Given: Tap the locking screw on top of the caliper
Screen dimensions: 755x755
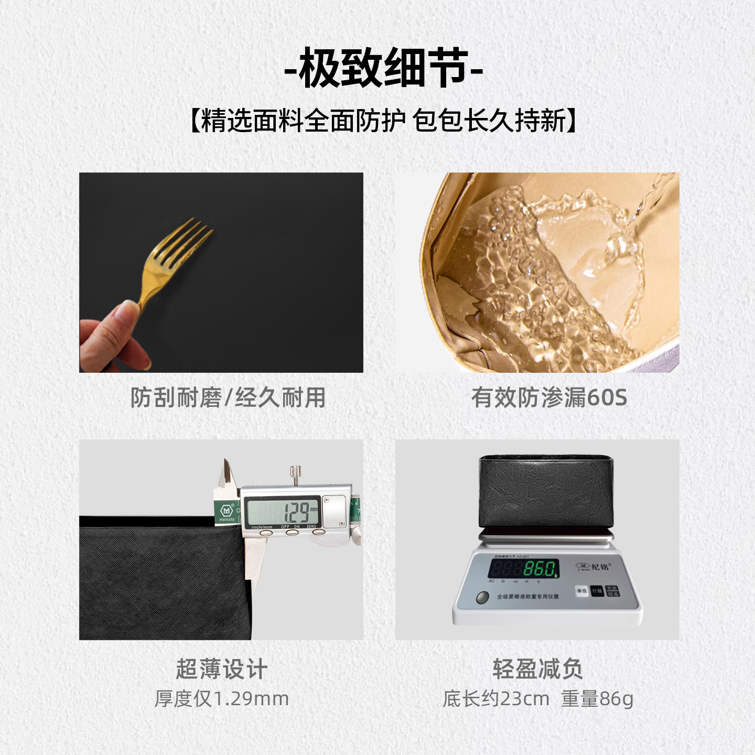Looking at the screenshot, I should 296,475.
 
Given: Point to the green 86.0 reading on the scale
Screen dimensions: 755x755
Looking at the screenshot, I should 540,569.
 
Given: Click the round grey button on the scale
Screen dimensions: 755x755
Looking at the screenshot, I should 482,598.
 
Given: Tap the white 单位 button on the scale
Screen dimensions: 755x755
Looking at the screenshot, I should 581,591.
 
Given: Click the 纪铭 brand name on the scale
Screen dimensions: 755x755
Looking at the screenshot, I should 600,567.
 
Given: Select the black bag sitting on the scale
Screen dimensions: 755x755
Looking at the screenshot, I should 545,492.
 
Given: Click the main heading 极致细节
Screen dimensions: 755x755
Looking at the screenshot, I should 383,68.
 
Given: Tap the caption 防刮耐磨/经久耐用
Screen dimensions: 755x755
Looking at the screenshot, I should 228,397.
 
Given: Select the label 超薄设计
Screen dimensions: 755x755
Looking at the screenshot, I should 221,670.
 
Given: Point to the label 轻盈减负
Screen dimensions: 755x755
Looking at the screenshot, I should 537,670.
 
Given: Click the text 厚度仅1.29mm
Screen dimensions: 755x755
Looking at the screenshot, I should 221,699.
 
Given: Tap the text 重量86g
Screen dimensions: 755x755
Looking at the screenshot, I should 597,699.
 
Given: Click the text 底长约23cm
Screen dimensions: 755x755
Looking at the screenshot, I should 496,699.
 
